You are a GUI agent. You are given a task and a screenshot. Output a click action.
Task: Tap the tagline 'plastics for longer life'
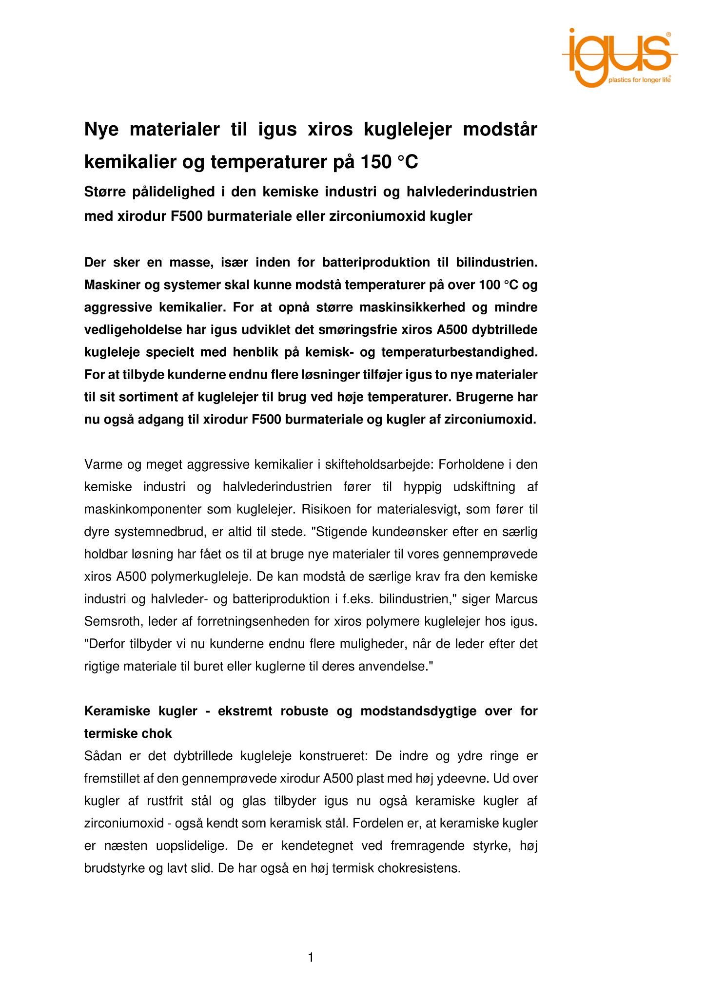pyautogui.click(x=639, y=80)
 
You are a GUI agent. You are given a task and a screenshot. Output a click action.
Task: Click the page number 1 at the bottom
pyautogui.click(x=311, y=958)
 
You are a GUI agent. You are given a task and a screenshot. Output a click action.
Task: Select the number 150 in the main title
pyautogui.click(x=375, y=162)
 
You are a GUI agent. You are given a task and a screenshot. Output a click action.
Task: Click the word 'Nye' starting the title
pyautogui.click(x=101, y=130)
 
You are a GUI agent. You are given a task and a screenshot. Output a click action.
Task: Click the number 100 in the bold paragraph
pyautogui.click(x=490, y=285)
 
